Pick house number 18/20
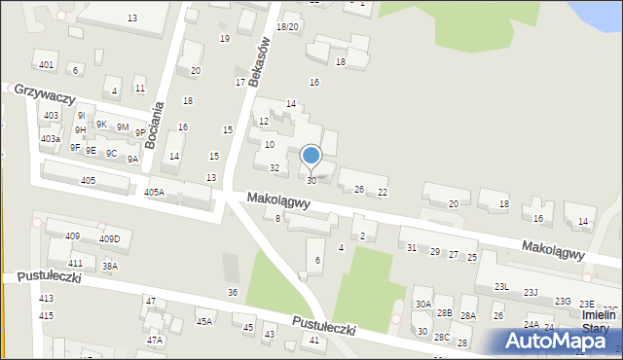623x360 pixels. [287, 27]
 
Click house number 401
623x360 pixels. [46, 64]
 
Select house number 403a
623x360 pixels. [50, 139]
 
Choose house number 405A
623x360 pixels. [154, 193]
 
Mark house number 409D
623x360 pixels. [109, 239]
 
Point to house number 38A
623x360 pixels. [109, 266]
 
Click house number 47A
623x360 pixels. [154, 341]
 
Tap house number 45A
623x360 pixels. [203, 321]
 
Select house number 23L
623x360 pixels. [501, 287]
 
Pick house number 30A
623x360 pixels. [422, 304]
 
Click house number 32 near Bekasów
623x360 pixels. [275, 168]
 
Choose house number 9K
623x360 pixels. [101, 124]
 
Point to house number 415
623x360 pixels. [46, 316]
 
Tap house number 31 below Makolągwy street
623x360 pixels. [412, 247]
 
